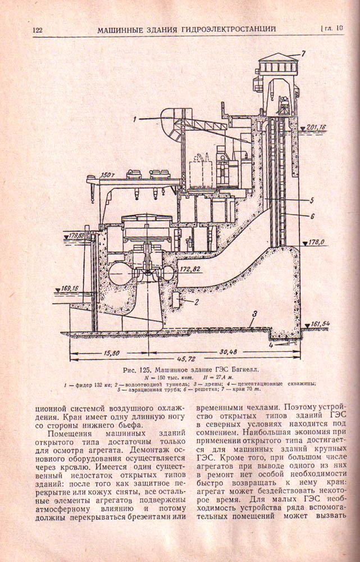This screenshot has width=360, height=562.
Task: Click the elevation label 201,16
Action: [315, 128]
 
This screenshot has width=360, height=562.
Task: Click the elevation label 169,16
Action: [67, 288]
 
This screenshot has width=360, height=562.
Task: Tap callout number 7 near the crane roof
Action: [302, 54]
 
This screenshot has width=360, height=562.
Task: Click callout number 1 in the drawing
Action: [135, 119]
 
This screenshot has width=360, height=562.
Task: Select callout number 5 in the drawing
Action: [311, 200]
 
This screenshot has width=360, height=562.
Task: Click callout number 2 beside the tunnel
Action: [197, 302]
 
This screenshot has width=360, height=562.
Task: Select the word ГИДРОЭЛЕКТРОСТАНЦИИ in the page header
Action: [225, 29]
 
